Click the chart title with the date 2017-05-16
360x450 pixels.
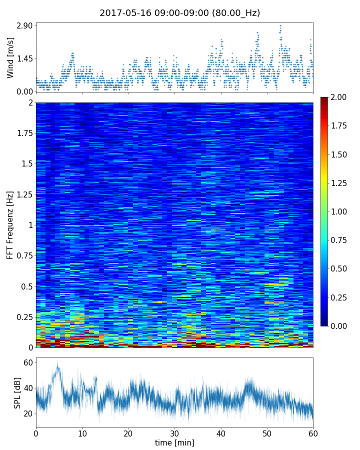[180, 13]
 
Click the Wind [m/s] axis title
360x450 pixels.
[10, 57]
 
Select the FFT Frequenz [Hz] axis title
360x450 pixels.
[10, 225]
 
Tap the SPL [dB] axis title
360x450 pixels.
[17, 392]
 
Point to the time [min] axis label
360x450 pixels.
[174, 442]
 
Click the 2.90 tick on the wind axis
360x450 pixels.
[24, 25]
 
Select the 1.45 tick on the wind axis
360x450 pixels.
[24, 58]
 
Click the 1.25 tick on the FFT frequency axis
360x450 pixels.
[24, 195]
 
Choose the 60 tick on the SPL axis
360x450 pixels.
[27, 362]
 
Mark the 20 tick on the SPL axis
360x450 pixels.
[27, 413]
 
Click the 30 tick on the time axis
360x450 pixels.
[174, 432]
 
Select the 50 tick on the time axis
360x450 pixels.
[267, 432]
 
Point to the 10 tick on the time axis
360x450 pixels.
[82, 432]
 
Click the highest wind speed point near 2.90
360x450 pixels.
[280, 25]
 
